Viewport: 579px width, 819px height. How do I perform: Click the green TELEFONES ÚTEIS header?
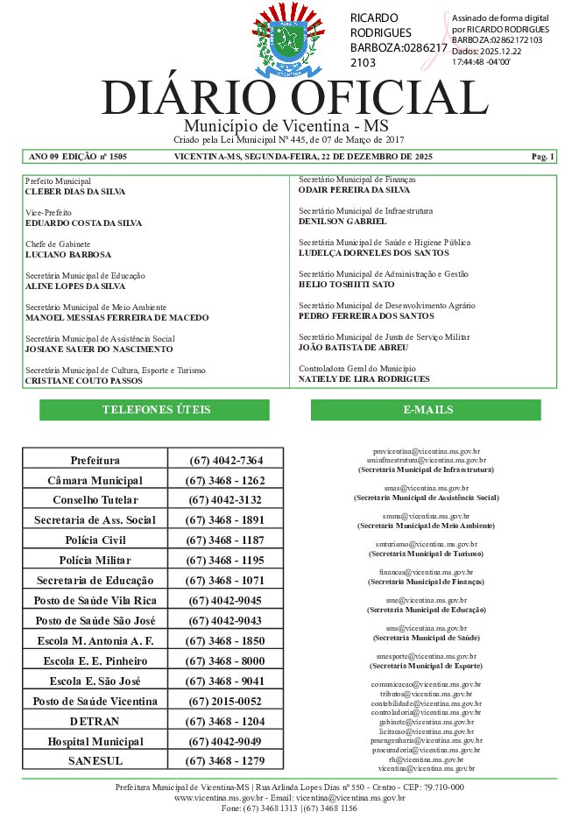pyautogui.click(x=156, y=410)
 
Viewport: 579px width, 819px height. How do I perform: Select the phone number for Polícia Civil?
pyautogui.click(x=225, y=540)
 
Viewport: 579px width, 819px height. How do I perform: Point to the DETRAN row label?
pyautogui.click(x=95, y=721)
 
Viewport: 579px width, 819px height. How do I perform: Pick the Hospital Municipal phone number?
pyautogui.click(x=225, y=741)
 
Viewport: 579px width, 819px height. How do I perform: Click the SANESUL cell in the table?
pyautogui.click(x=95, y=761)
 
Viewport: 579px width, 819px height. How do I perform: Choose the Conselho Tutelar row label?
pyautogui.click(x=95, y=500)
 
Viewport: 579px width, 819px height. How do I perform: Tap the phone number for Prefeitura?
pyautogui.click(x=225, y=460)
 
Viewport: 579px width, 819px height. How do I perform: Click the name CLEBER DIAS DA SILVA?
pyautogui.click(x=75, y=191)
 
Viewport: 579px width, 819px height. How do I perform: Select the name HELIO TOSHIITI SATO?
pyautogui.click(x=347, y=285)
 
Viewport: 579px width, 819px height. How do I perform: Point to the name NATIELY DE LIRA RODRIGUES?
pyautogui.click(x=364, y=379)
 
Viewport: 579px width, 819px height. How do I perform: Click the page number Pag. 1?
pyautogui.click(x=542, y=157)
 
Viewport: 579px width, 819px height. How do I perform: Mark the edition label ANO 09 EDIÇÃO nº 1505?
pyautogui.click(x=78, y=157)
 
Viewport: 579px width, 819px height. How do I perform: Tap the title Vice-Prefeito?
pyautogui.click(x=48, y=213)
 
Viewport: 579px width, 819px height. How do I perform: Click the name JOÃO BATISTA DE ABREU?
pyautogui.click(x=354, y=348)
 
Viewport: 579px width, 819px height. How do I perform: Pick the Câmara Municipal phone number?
pyautogui.click(x=225, y=481)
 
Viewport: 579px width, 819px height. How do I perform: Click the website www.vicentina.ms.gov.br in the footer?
pyautogui.click(x=220, y=798)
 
